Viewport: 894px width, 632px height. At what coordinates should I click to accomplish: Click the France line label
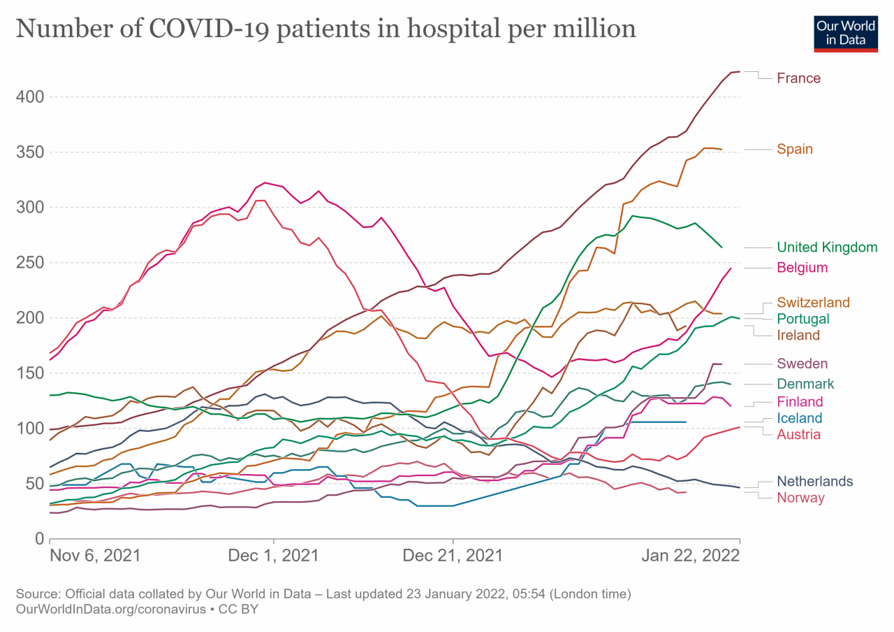(798, 78)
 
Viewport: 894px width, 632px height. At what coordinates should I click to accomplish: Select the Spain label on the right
(795, 149)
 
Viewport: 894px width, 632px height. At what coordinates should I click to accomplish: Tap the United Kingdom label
(827, 247)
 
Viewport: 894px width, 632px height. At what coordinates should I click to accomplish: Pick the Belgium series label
(802, 267)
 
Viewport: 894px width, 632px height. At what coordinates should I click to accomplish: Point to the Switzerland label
(813, 303)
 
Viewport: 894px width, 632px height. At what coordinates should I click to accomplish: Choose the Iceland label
(800, 418)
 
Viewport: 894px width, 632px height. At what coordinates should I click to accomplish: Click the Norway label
(800, 498)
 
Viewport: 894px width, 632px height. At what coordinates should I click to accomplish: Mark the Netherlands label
(814, 481)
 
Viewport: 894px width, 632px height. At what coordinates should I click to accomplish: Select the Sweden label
(802, 364)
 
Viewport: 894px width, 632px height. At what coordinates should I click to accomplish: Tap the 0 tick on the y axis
(38, 538)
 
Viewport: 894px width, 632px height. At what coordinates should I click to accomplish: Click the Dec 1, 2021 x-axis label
(274, 556)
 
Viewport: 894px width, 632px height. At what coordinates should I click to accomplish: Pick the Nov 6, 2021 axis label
(95, 556)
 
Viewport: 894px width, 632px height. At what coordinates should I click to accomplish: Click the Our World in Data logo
(845, 31)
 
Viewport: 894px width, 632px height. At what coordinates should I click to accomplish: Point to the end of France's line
(740, 71)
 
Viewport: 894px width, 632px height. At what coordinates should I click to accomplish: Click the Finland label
(800, 401)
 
